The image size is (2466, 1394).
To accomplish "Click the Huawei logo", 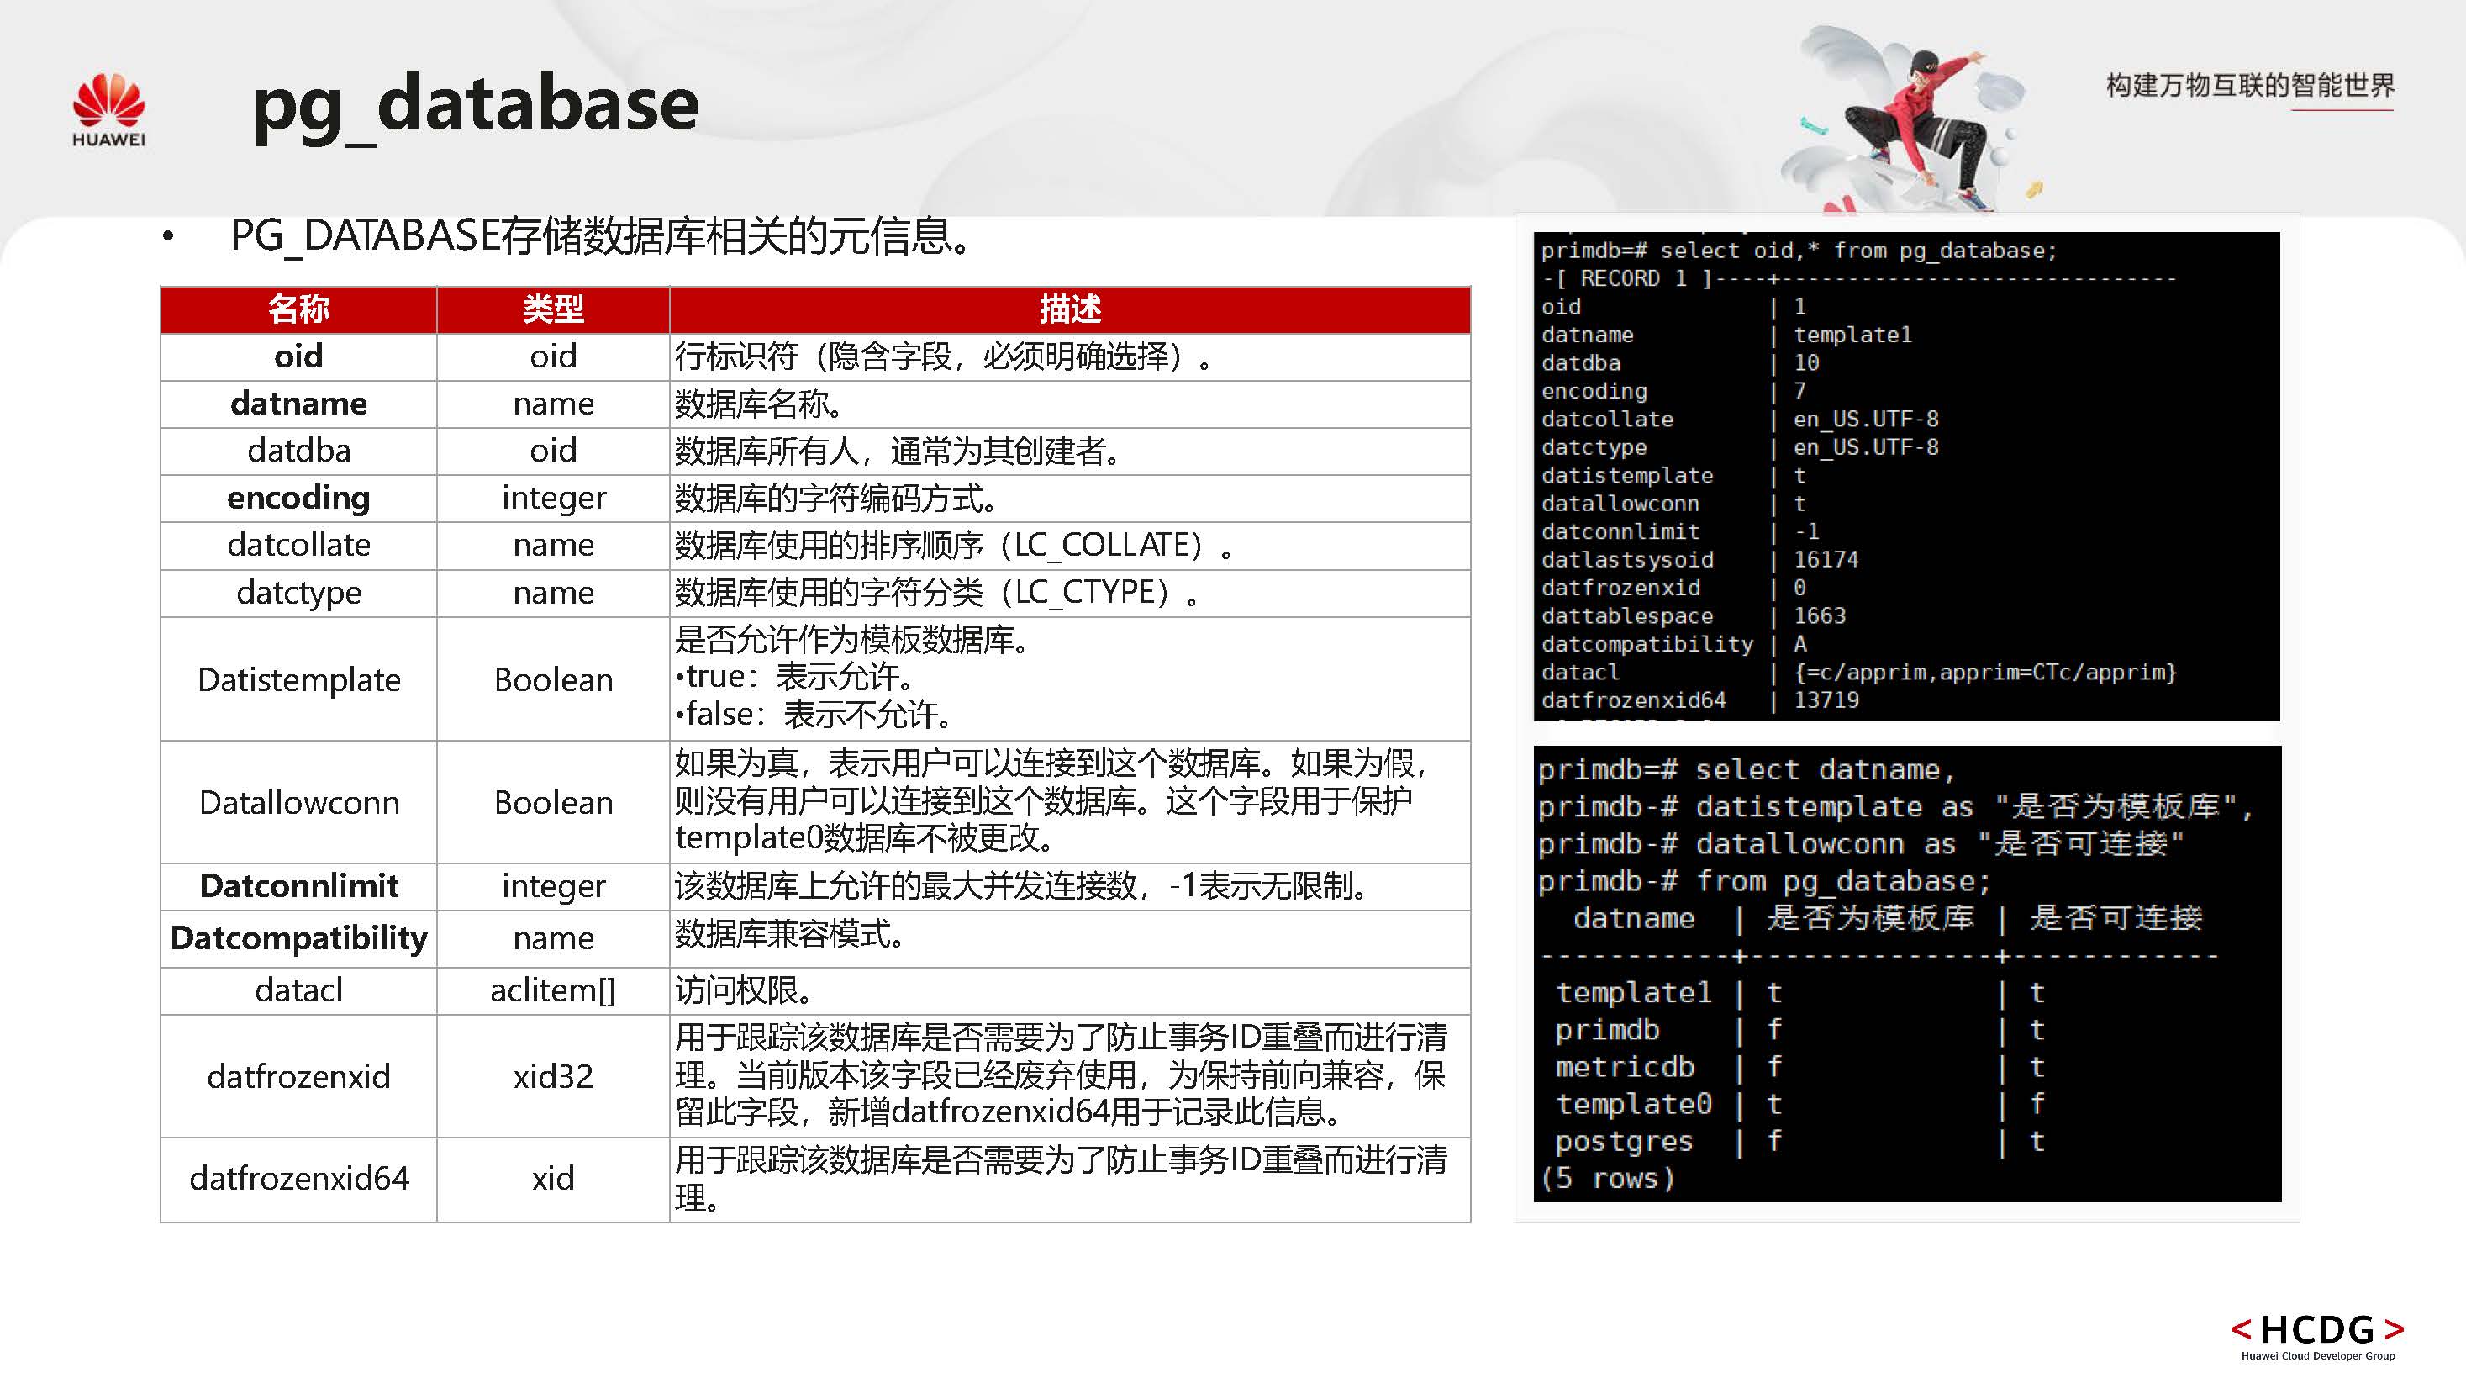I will tap(108, 110).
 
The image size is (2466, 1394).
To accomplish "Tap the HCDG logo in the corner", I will tap(2316, 1334).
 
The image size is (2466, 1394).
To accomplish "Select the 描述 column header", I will tap(1069, 309).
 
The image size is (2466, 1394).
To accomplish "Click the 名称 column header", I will tap(298, 309).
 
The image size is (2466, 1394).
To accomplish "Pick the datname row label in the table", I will tap(298, 403).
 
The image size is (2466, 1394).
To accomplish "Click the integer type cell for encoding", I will tap(553, 498).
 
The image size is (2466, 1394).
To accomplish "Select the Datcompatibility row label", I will tap(298, 937).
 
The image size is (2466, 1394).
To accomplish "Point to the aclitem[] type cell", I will tap(553, 990).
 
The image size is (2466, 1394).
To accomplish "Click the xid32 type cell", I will tap(553, 1076).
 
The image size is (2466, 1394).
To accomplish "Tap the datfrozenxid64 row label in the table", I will tap(298, 1178).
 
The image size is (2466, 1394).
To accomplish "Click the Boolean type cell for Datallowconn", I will tap(553, 802).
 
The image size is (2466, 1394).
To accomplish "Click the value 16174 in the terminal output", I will tap(1826, 559).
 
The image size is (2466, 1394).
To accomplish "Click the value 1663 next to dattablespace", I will tap(1819, 615).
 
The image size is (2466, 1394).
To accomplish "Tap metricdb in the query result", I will tap(1625, 1067).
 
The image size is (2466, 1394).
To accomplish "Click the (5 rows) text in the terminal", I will tap(1608, 1178).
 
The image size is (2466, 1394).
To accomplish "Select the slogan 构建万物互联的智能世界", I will tap(2250, 86).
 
